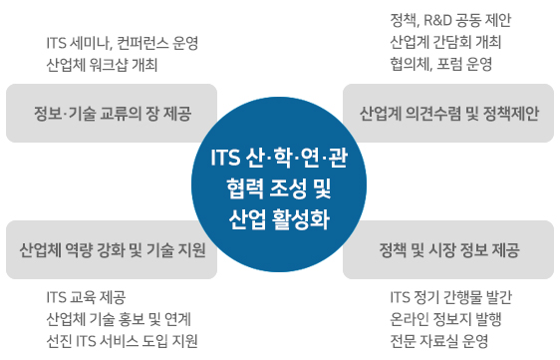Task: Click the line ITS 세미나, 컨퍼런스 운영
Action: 123,44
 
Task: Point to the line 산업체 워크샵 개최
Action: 103,66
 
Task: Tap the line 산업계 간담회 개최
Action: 445,43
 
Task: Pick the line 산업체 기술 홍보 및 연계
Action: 119,319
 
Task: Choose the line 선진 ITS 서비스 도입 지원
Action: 122,341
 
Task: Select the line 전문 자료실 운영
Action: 439,341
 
